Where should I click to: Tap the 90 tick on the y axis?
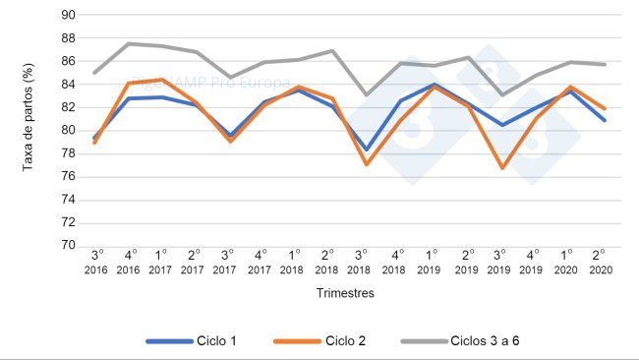click(x=67, y=15)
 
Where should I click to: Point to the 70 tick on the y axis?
click(x=67, y=246)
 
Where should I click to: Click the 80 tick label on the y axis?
click(x=67, y=130)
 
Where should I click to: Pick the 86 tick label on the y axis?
click(x=67, y=61)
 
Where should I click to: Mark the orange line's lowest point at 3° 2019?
click(x=497, y=168)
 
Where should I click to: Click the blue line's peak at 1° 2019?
click(x=431, y=84)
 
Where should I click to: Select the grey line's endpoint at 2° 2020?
click(x=598, y=64)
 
